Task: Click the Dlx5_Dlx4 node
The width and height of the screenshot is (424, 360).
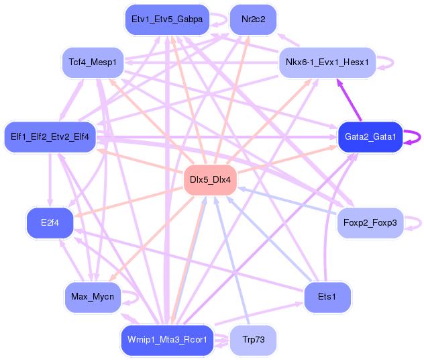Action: (210, 180)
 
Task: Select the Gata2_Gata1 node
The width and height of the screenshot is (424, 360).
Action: (370, 137)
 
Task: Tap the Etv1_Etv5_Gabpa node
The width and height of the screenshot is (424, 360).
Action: (167, 19)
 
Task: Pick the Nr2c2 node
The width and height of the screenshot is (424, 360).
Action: (253, 19)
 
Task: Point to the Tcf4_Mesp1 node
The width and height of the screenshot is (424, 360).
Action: (93, 62)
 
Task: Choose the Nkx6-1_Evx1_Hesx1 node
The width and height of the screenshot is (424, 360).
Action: (327, 62)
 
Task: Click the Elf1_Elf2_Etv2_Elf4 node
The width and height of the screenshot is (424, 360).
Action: (50, 137)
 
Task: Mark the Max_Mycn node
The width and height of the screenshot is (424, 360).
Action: (93, 296)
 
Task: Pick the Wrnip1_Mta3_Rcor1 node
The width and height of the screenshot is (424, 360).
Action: (167, 340)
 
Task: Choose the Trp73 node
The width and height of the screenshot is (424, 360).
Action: (253, 340)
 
